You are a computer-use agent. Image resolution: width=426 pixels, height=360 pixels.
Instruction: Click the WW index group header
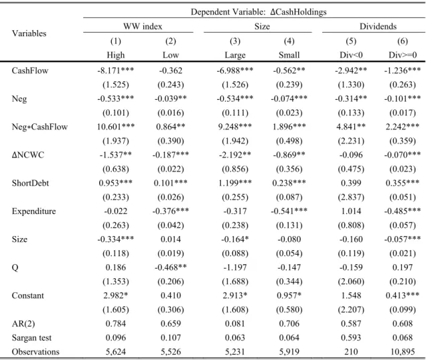click(x=143, y=26)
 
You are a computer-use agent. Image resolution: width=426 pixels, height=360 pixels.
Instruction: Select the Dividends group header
click(x=378, y=26)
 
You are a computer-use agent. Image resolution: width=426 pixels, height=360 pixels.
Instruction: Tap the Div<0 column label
click(x=351, y=55)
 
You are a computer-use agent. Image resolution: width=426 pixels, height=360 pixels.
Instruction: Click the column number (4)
click(x=289, y=41)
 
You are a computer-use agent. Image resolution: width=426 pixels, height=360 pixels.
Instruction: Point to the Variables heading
click(x=29, y=34)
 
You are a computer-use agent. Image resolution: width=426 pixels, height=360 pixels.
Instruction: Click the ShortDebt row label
click(x=30, y=183)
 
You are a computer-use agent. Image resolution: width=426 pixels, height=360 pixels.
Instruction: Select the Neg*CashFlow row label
click(x=40, y=127)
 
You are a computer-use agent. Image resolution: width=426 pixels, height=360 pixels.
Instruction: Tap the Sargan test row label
click(x=31, y=338)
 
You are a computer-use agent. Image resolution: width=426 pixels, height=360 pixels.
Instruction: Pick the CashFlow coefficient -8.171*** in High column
click(x=115, y=70)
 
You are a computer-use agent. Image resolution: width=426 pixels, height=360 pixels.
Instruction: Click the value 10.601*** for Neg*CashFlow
click(x=116, y=127)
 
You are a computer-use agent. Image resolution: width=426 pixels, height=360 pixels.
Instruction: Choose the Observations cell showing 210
click(x=351, y=351)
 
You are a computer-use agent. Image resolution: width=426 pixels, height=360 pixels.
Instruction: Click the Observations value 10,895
click(x=403, y=351)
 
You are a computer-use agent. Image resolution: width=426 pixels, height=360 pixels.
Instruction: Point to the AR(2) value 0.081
click(x=235, y=324)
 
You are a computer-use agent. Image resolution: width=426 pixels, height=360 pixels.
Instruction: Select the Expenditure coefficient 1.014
click(x=351, y=211)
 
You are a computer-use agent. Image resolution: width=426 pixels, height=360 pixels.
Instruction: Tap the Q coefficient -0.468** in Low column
click(x=171, y=267)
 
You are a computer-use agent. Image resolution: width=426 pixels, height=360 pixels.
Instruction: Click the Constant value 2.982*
click(x=115, y=296)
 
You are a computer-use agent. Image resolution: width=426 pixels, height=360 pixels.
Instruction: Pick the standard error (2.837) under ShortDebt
click(x=351, y=197)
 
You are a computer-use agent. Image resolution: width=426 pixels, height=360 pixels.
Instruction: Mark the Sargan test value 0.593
click(x=351, y=338)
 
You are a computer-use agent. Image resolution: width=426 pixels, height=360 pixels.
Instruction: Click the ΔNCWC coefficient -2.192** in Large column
click(x=235, y=155)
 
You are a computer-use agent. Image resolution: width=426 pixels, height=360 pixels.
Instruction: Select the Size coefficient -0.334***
click(x=115, y=239)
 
